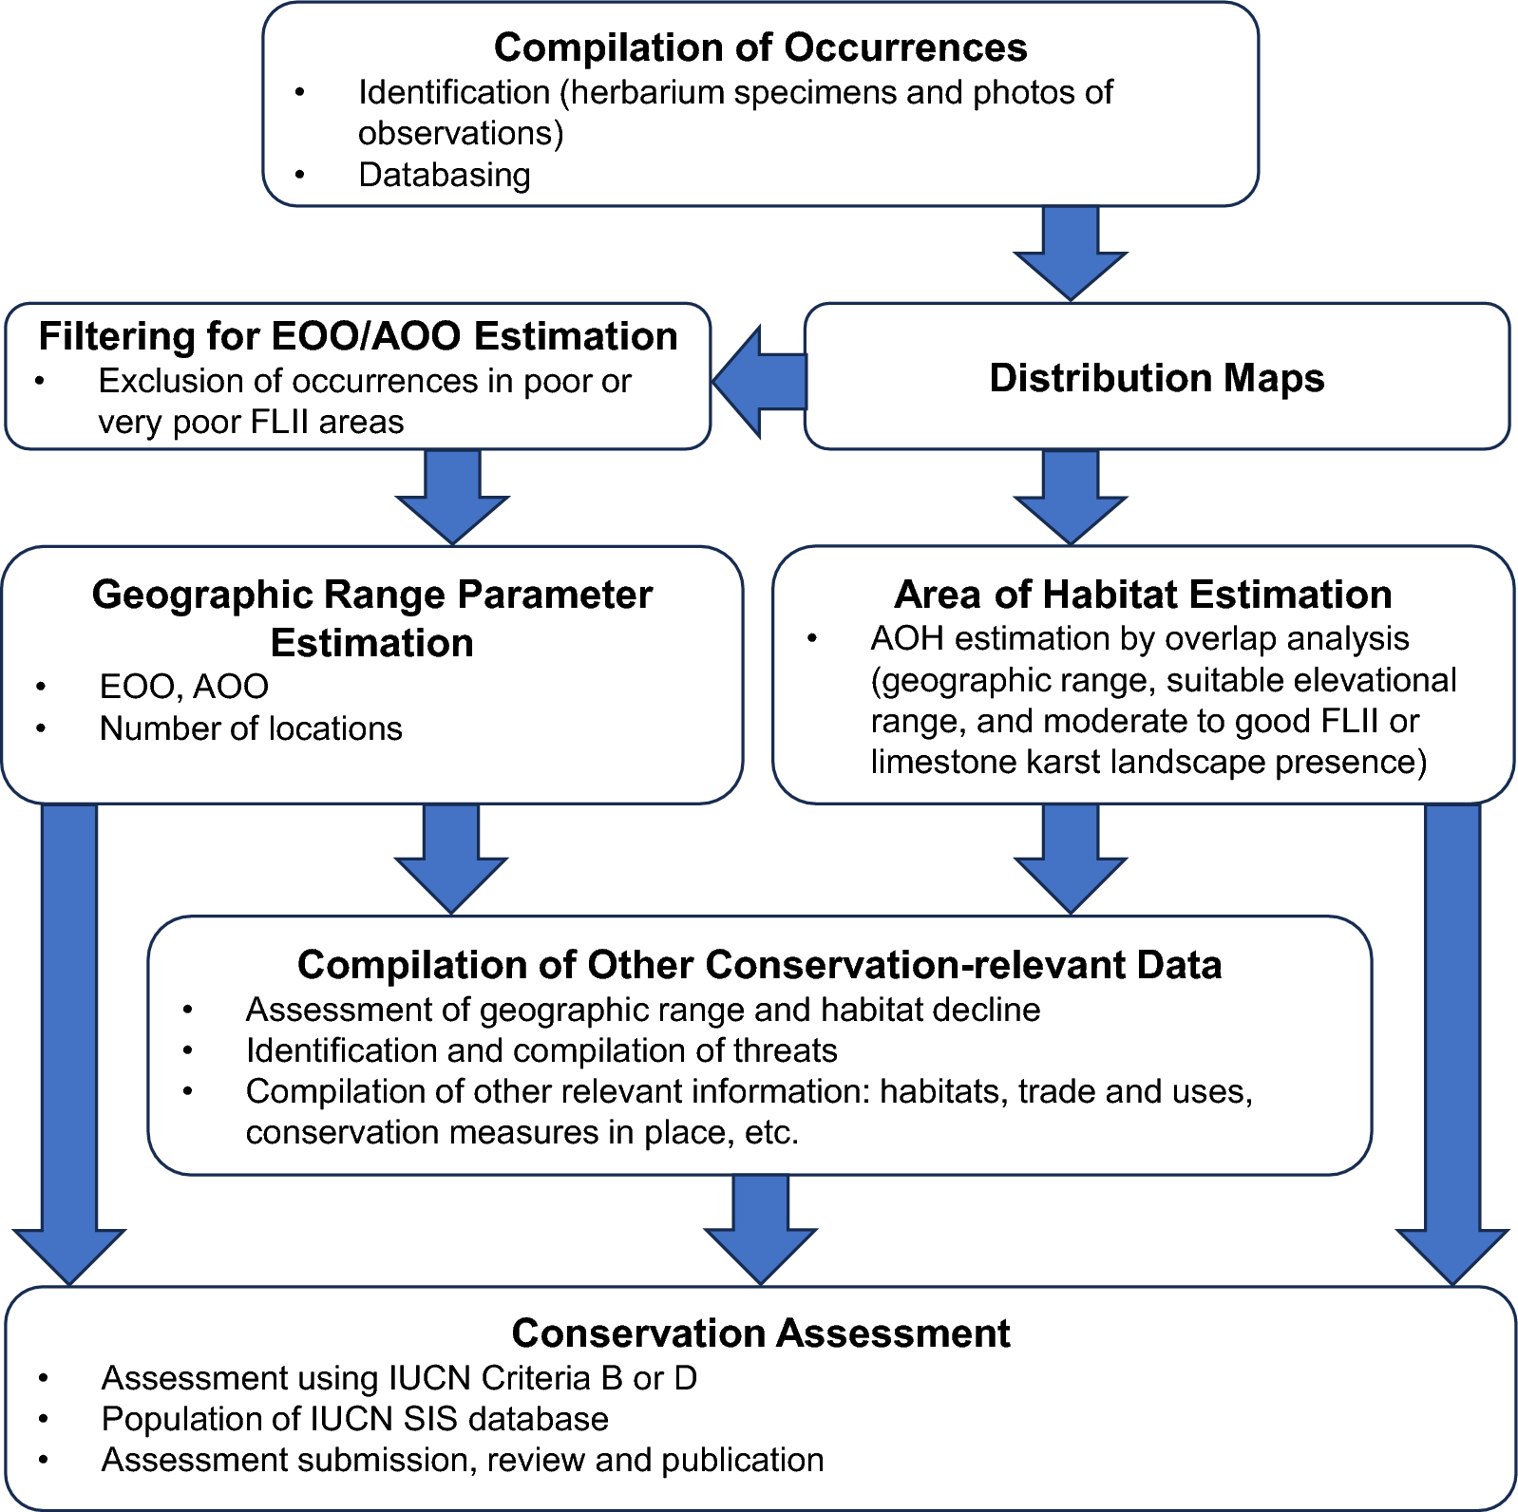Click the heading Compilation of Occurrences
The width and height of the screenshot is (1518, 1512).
[x=760, y=47]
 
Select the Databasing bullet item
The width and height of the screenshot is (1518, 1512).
[x=444, y=175]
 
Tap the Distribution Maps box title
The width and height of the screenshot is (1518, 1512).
[x=1156, y=378]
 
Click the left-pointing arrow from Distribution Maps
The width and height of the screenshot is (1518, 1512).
[x=758, y=382]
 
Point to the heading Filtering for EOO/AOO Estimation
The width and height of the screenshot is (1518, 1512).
[x=358, y=336]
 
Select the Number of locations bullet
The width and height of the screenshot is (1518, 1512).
[x=251, y=728]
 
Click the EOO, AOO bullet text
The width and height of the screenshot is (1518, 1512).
[x=183, y=686]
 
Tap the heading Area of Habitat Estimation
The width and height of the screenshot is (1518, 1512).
[x=1143, y=595]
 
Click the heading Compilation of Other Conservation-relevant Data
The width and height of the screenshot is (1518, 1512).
[x=759, y=965]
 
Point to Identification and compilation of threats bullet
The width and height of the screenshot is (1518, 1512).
[x=541, y=1050]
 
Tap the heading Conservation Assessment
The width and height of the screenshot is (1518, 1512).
[x=760, y=1333]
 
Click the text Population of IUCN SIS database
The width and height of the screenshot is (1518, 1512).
[x=354, y=1419]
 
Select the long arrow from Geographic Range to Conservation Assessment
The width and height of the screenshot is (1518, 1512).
[x=69, y=1045]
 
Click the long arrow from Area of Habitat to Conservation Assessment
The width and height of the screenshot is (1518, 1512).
[x=1452, y=1045]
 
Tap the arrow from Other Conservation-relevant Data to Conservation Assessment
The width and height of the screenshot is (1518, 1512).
[x=760, y=1229]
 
